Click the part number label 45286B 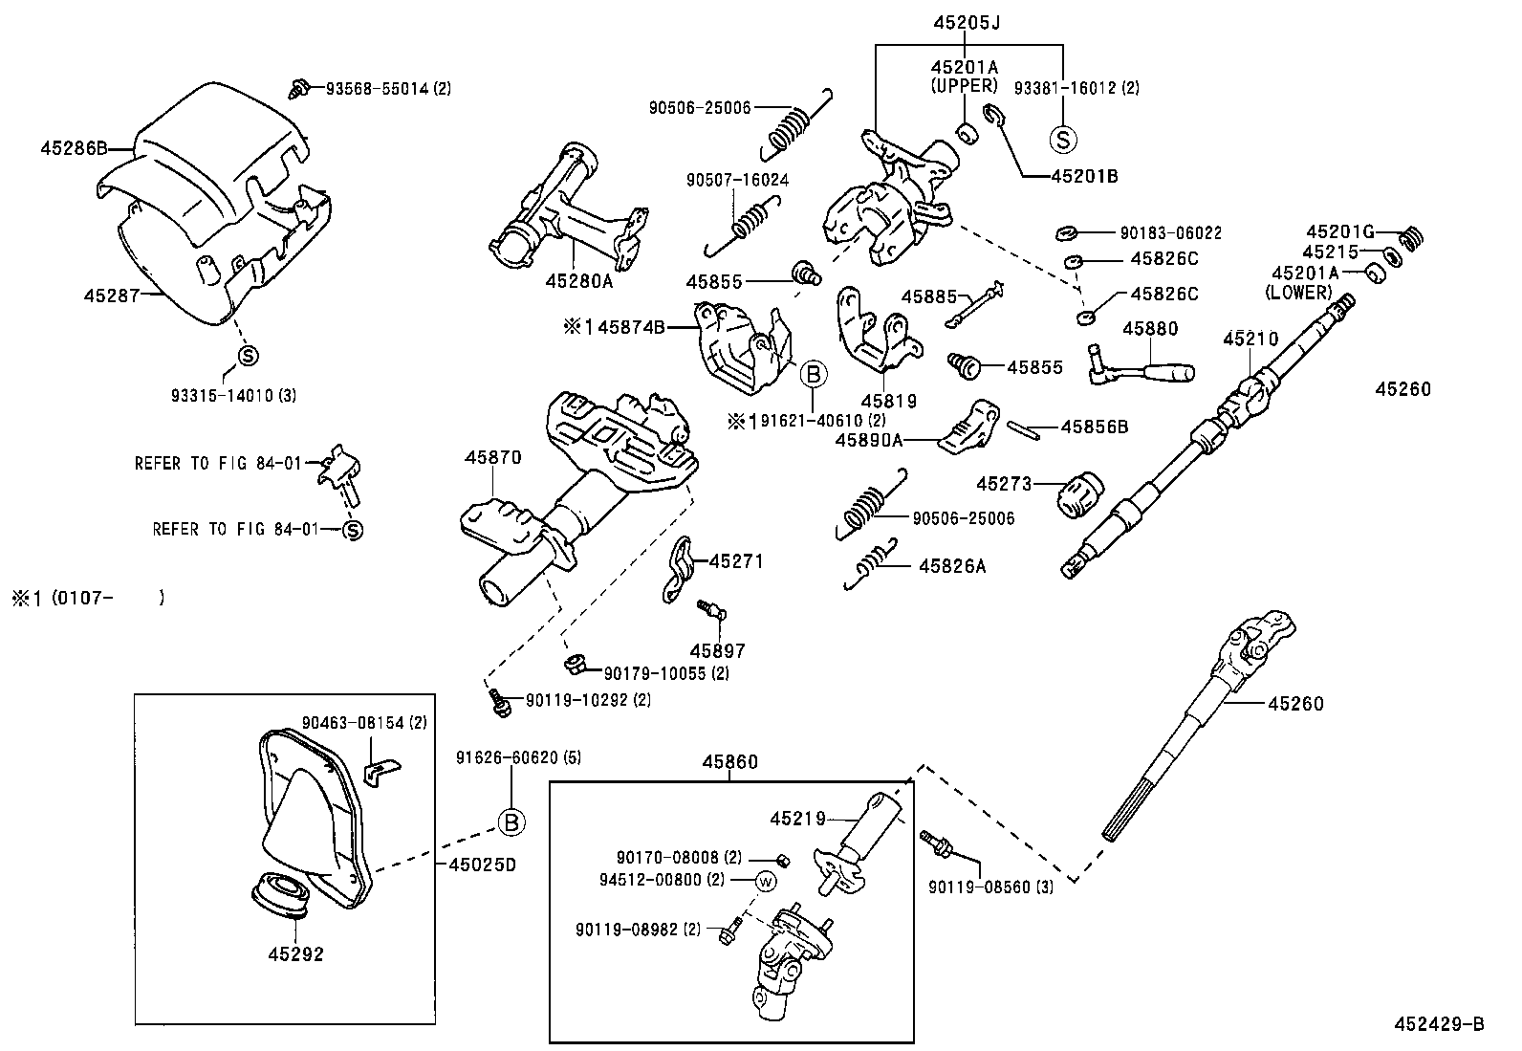coord(73,148)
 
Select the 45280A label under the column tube coord(579,281)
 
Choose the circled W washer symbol coord(765,881)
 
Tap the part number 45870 coord(493,457)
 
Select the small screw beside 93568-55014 coord(298,88)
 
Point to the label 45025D coord(482,865)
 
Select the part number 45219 coord(797,819)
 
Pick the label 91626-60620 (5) coord(519,757)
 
